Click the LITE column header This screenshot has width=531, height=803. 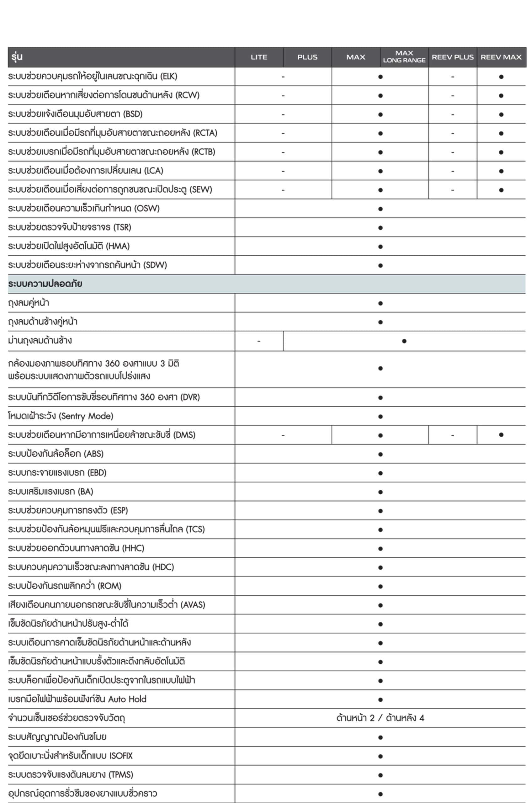[259, 57]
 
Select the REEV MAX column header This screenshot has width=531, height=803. [501, 57]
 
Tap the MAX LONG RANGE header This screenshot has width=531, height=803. [404, 57]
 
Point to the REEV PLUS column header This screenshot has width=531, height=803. [453, 57]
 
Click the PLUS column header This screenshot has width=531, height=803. [307, 57]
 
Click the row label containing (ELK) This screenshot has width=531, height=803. [93, 77]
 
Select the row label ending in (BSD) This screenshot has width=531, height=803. [75, 114]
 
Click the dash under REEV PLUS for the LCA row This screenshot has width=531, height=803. [453, 171]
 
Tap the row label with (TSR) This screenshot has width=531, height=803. [69, 227]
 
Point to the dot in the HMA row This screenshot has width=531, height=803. [380, 247]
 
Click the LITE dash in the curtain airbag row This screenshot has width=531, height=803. [259, 341]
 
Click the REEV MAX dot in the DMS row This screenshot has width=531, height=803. [501, 434]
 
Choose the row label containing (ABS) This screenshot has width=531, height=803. [56, 454]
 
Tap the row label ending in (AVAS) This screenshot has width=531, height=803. [106, 604]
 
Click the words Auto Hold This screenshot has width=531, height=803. [127, 699]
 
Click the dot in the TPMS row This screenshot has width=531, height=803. [380, 775]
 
